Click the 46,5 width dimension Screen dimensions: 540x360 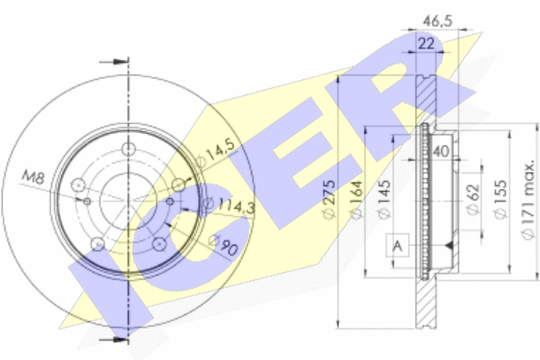click(x=437, y=21)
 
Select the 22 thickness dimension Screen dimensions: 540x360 click(x=426, y=44)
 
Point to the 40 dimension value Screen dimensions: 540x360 click(x=441, y=151)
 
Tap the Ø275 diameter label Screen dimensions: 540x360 click(x=328, y=199)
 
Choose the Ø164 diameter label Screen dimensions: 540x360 click(x=356, y=199)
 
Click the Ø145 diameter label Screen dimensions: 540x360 click(x=384, y=199)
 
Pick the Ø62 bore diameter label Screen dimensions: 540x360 click(x=473, y=199)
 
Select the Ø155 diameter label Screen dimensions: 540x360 click(x=500, y=199)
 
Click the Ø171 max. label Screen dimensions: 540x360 click(x=527, y=201)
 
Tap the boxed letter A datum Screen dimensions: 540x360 click(x=398, y=246)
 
